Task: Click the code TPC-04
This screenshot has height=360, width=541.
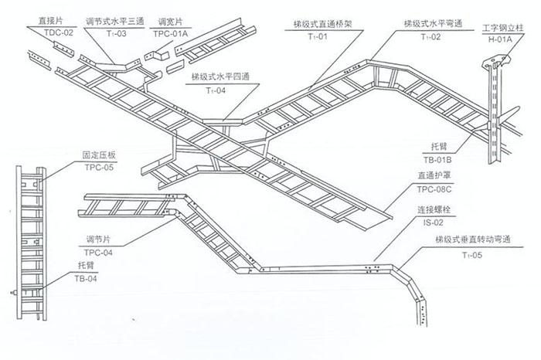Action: coord(100,252)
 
